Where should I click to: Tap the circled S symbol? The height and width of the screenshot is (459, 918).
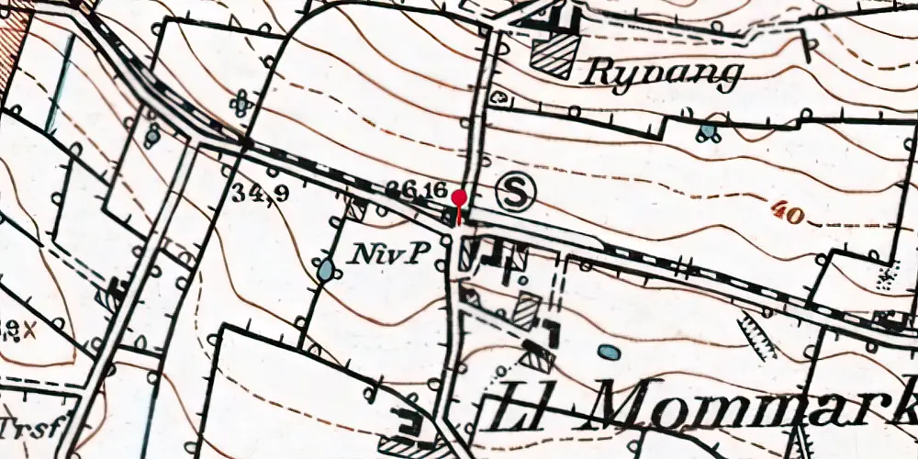[x=517, y=193]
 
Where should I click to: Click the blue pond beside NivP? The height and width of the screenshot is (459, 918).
[x=326, y=270]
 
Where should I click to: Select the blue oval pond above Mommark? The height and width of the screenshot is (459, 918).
[x=608, y=351]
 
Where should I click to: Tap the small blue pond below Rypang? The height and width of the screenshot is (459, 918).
[x=707, y=133]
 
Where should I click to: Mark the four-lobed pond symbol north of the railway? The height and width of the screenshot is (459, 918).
[x=241, y=104]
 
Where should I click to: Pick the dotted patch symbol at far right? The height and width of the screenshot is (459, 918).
[x=887, y=276]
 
